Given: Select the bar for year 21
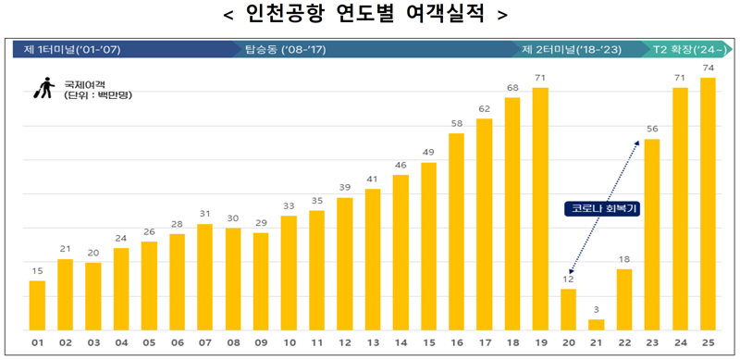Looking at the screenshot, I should point(597,324).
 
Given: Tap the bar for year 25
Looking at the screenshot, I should point(709,204).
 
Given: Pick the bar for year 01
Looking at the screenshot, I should point(37,304).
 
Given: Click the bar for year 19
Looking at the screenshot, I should point(541,208).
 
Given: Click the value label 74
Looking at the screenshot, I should point(709,68).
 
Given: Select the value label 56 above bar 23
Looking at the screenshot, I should point(652,130).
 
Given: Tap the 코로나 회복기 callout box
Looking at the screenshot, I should point(602,209).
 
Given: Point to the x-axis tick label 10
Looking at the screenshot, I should point(289,343).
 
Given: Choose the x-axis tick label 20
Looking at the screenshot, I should point(568,343).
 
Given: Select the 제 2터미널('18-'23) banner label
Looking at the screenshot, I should point(571,49).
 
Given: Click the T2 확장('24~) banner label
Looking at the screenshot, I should point(684,49).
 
